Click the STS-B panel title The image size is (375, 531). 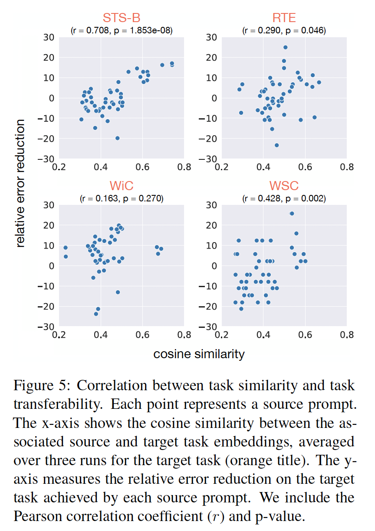[121, 18]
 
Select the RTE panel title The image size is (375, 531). [284, 18]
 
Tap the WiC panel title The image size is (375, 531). [121, 186]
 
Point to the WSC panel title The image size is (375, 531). [284, 186]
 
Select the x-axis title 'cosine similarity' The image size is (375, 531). [199, 354]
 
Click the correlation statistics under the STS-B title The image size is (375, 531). [122, 30]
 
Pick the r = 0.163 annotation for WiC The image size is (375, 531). [122, 199]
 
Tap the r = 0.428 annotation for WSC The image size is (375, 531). [284, 199]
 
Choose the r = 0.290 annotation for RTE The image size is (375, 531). [284, 30]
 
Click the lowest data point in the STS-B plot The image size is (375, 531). [117, 138]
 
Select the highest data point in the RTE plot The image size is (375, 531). [285, 48]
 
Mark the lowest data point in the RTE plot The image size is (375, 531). [276, 145]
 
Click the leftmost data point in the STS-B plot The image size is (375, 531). [81, 119]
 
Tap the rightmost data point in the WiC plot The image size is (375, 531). [161, 249]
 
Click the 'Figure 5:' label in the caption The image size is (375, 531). [42, 385]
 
